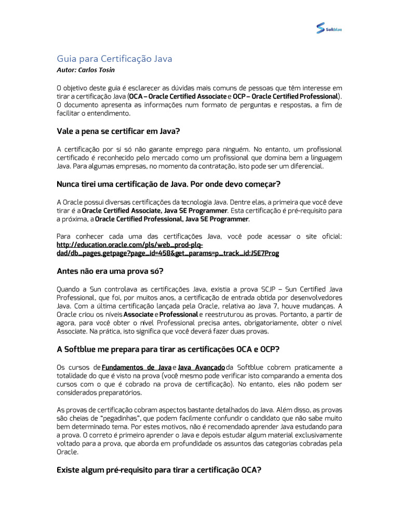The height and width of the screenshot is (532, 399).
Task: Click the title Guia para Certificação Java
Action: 114,59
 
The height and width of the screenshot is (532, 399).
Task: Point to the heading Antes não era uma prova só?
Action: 110,271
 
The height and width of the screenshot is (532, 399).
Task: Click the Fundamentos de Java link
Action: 137,367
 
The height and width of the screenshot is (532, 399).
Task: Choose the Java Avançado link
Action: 202,367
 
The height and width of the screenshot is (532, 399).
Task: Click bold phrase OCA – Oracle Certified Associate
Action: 178,97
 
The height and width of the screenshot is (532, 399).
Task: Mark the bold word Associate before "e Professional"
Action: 138,315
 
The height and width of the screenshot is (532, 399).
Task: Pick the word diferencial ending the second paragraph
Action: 306,166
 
